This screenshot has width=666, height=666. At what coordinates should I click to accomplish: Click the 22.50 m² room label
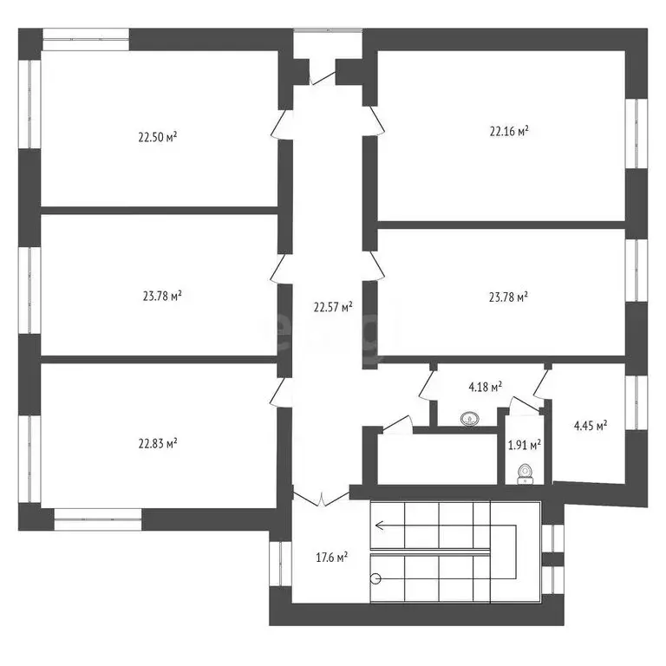pos(157,137)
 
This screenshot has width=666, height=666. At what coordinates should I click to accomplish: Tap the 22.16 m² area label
pos(509,132)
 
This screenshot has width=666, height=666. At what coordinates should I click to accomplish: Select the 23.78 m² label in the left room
pos(162,296)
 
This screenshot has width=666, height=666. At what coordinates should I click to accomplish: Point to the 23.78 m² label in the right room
pos(508,296)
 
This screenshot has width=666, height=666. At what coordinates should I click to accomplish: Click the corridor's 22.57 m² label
pos(333,306)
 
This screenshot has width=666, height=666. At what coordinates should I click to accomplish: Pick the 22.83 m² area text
pos(157,443)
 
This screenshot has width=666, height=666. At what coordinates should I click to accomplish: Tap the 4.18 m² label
pos(486,388)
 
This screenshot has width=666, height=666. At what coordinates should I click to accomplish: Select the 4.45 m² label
pos(590,425)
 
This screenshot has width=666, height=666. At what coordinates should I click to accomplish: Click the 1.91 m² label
pos(524,445)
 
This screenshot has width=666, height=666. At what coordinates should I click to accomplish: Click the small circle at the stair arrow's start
pos(375,578)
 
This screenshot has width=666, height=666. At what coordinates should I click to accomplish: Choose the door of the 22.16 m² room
pos(374,122)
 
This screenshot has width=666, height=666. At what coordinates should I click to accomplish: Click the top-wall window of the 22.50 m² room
pos(86,36)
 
